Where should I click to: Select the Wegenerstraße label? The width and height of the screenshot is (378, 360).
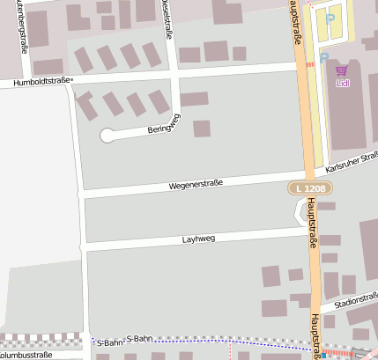click(x=196, y=184)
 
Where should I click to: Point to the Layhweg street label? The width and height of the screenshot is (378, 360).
click(x=198, y=238)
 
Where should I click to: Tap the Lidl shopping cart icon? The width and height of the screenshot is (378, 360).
click(x=342, y=70)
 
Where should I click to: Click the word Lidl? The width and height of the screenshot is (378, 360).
click(x=343, y=84)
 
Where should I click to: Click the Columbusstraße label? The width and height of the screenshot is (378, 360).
click(x=26, y=355)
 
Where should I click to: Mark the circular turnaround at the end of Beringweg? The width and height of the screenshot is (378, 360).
click(x=107, y=135)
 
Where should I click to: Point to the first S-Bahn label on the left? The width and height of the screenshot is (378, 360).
click(x=110, y=341)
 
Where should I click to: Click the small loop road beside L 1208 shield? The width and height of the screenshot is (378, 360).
click(x=300, y=211)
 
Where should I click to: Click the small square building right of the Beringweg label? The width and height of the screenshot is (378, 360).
click(x=202, y=129)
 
